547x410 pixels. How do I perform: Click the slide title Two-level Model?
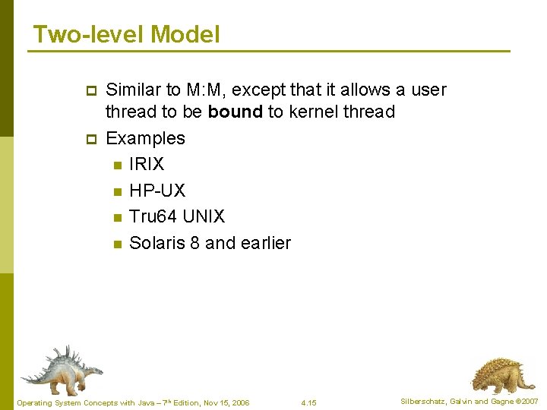tap(126, 34)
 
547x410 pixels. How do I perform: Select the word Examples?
tap(145, 138)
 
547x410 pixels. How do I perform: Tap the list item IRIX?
tap(147, 164)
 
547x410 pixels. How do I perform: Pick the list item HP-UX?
tap(157, 191)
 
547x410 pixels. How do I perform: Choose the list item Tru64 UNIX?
tap(177, 216)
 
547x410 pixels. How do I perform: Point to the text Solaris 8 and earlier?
tap(210, 243)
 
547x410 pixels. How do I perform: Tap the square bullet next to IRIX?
tap(117, 165)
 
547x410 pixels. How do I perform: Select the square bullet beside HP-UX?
tap(117, 191)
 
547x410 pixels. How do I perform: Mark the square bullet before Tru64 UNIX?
tap(117, 217)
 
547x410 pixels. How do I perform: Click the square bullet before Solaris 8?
tap(117, 244)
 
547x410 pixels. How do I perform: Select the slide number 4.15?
tap(308, 402)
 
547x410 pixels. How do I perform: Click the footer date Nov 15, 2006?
tap(225, 402)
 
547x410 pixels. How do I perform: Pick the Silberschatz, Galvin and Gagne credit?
tap(469, 401)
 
